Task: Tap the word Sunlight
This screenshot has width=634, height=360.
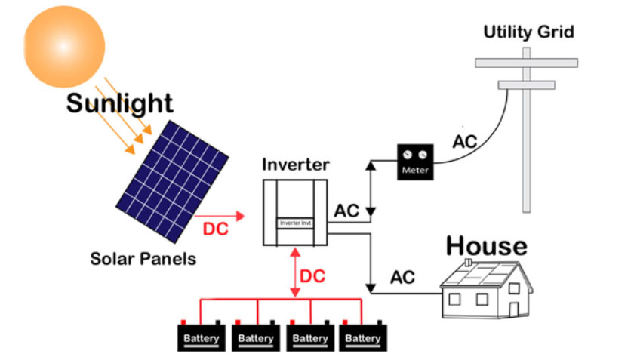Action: pyautogui.click(x=119, y=103)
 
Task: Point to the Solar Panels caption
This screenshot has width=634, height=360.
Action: pyautogui.click(x=143, y=259)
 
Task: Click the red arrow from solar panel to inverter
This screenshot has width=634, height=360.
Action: pyautogui.click(x=226, y=216)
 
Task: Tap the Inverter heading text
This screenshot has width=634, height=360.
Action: pyautogui.click(x=294, y=164)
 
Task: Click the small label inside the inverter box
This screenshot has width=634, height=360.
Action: pyautogui.click(x=295, y=223)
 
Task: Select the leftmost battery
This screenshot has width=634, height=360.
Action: pyautogui.click(x=202, y=337)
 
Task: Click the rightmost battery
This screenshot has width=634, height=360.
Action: pyautogui.click(x=362, y=337)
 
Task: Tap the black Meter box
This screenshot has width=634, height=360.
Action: pyautogui.click(x=415, y=161)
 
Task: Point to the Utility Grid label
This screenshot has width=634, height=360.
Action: pyautogui.click(x=528, y=32)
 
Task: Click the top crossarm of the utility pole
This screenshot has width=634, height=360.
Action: pyautogui.click(x=527, y=63)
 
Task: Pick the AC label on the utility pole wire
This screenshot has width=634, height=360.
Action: pyautogui.click(x=465, y=141)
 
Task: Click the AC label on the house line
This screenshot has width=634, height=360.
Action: pyautogui.click(x=402, y=277)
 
